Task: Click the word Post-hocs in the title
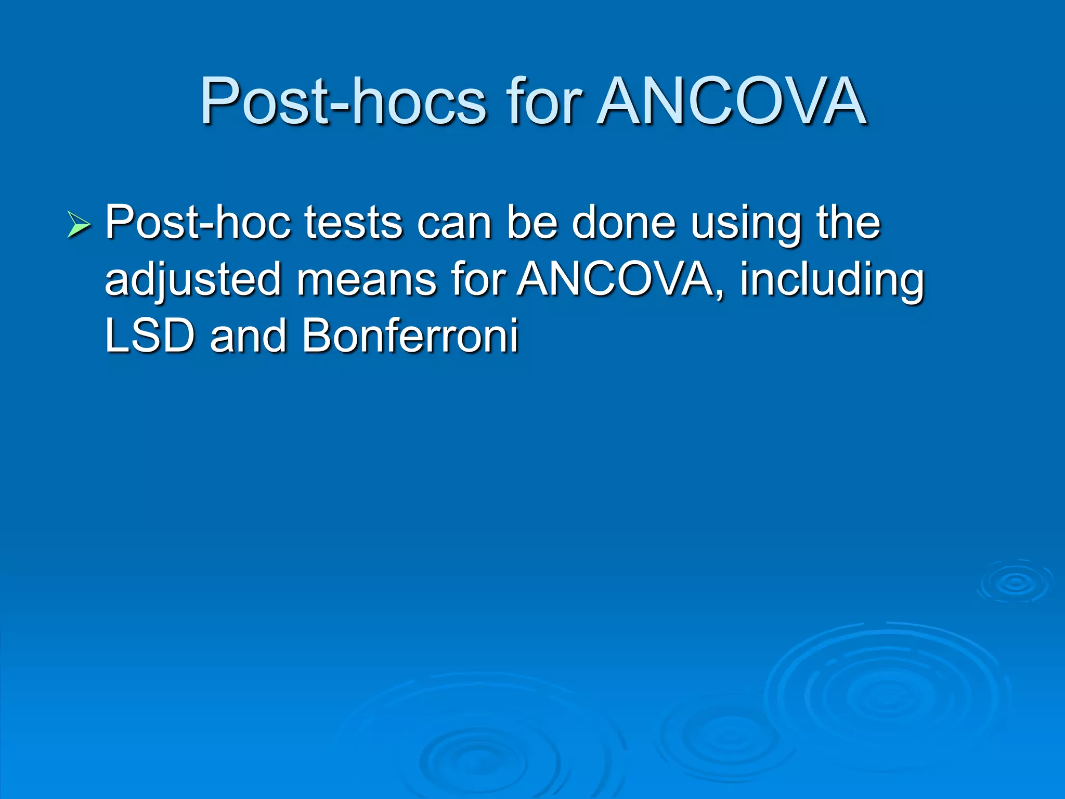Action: point(343,101)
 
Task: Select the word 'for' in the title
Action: point(544,101)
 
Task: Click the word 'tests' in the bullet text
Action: point(353,223)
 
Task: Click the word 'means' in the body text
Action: point(367,280)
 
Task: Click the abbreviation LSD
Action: point(149,336)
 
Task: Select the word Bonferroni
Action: point(410,336)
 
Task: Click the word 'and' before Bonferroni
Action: point(248,336)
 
